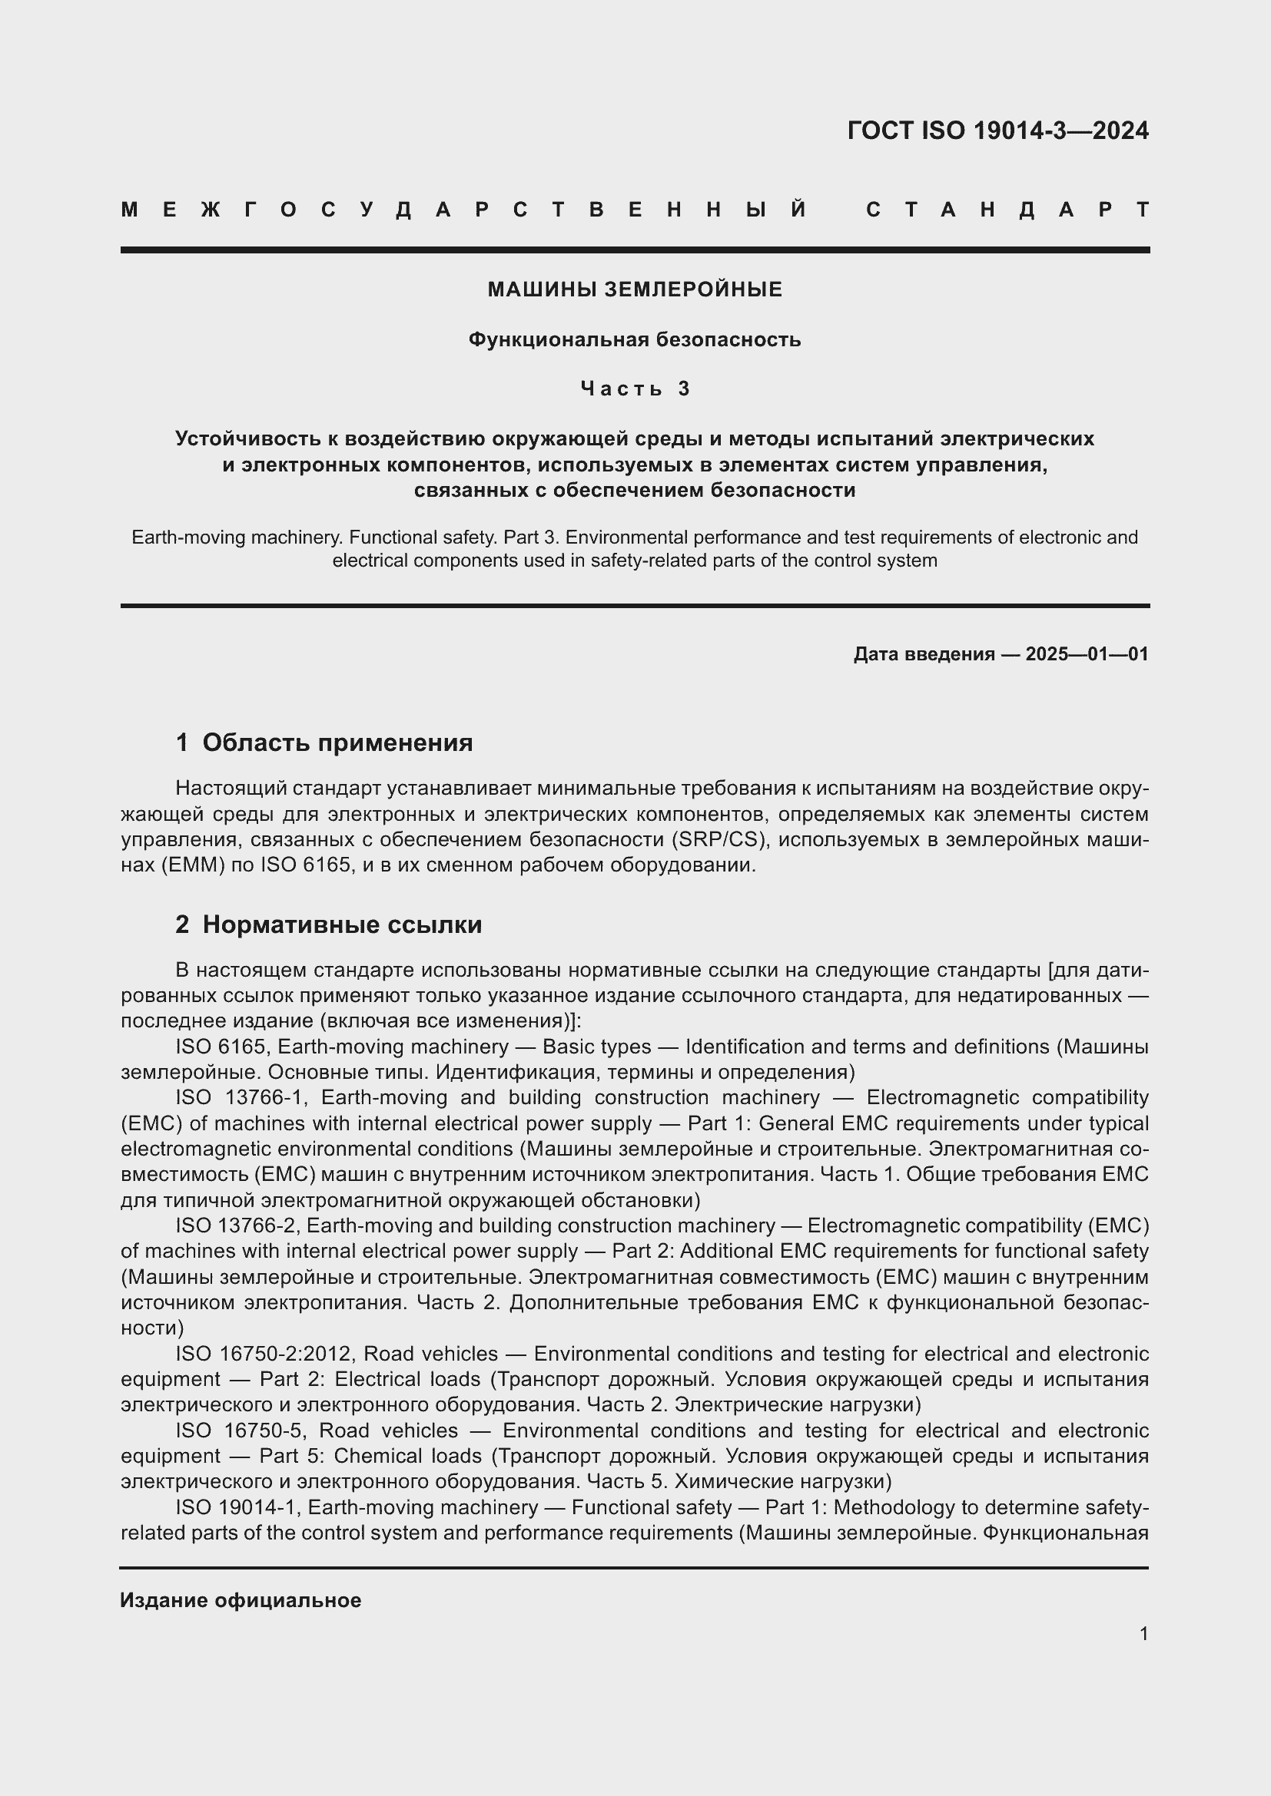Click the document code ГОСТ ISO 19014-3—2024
(997, 131)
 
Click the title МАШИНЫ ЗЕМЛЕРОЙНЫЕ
(635, 290)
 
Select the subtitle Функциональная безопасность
(635, 339)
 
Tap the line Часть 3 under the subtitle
(635, 389)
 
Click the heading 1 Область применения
(324, 743)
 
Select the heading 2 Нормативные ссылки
(329, 924)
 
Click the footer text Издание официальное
(241, 1600)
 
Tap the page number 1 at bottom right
(1143, 1633)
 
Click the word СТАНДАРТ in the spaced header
(1007, 210)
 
